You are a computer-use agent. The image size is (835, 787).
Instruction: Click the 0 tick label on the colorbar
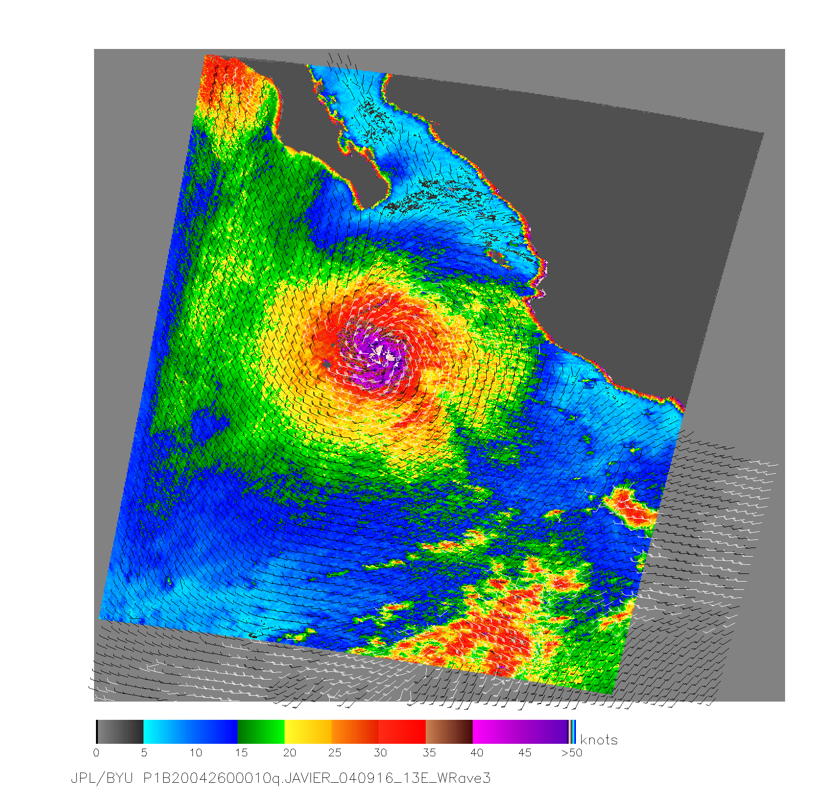tap(96, 752)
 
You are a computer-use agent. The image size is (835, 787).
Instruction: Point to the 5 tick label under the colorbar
tap(144, 752)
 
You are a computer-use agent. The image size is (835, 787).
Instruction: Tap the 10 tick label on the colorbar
tap(195, 752)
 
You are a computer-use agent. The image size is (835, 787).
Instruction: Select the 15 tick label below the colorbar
tap(241, 752)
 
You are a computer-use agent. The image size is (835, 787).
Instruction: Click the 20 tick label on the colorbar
tap(289, 752)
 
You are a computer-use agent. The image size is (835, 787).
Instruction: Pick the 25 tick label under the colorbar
tap(335, 752)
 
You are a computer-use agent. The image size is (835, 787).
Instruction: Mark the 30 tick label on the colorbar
tap(381, 752)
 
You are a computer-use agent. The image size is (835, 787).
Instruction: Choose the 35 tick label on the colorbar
tap(429, 752)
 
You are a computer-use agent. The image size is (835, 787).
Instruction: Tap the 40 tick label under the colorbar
tap(477, 752)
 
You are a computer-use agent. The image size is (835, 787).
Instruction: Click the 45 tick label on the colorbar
tap(525, 752)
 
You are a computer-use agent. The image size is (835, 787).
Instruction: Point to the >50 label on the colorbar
tap(572, 752)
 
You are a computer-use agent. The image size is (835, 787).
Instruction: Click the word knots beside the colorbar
tap(599, 740)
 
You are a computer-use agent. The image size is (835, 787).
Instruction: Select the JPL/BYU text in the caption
tap(102, 778)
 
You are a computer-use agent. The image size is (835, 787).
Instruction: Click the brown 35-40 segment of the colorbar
tap(449, 732)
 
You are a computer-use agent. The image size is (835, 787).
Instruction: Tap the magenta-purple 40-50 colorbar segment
tap(520, 732)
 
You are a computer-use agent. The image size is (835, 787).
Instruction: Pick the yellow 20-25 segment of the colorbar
tap(308, 732)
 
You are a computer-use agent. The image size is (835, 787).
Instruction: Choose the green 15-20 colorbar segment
tap(261, 732)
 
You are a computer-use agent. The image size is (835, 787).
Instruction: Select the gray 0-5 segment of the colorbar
tap(120, 732)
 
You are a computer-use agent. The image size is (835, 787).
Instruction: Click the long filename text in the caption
tap(317, 778)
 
